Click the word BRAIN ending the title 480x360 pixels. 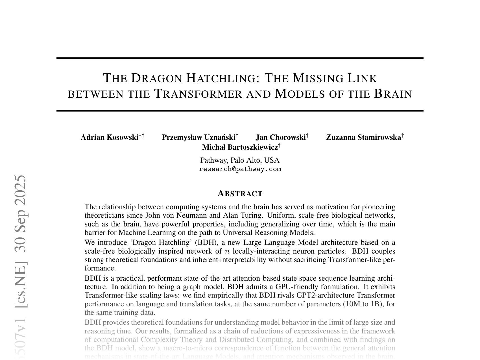tap(393, 94)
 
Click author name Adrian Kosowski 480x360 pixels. tap(109, 138)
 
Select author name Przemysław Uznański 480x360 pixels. tap(198, 138)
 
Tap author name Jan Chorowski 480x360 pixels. tap(281, 138)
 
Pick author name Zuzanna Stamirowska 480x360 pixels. tap(363, 138)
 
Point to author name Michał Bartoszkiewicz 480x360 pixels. tap(240, 147)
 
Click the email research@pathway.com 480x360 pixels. tap(240, 169)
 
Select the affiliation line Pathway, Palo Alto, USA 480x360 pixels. tap(240, 160)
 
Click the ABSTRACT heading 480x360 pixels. tap(240, 194)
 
